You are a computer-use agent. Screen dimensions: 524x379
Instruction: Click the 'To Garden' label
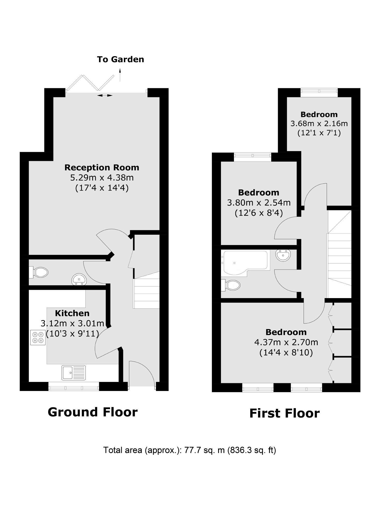(x=120, y=59)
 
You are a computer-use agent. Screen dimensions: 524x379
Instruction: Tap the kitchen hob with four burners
(x=38, y=337)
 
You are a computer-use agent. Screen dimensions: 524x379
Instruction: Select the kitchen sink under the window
(x=74, y=372)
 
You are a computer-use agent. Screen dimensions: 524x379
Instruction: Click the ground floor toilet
(x=39, y=272)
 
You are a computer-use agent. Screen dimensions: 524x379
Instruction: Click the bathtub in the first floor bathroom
(x=244, y=262)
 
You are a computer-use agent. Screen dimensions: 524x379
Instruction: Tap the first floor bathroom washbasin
(x=283, y=255)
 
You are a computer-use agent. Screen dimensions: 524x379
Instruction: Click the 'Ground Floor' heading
(x=92, y=412)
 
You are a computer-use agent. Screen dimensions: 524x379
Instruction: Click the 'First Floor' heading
(x=284, y=414)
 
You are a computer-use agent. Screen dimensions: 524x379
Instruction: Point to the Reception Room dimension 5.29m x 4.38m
(x=102, y=178)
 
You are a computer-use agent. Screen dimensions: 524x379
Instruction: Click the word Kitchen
(x=72, y=313)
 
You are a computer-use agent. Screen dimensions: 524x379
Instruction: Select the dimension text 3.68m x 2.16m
(x=319, y=123)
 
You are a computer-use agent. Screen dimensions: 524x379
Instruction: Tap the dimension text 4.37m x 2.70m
(x=286, y=342)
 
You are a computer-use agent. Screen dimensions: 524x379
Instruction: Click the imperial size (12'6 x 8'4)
(x=259, y=213)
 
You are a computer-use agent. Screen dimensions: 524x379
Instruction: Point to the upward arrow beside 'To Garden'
(x=120, y=75)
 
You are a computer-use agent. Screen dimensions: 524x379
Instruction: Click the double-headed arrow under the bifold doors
(x=105, y=95)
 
